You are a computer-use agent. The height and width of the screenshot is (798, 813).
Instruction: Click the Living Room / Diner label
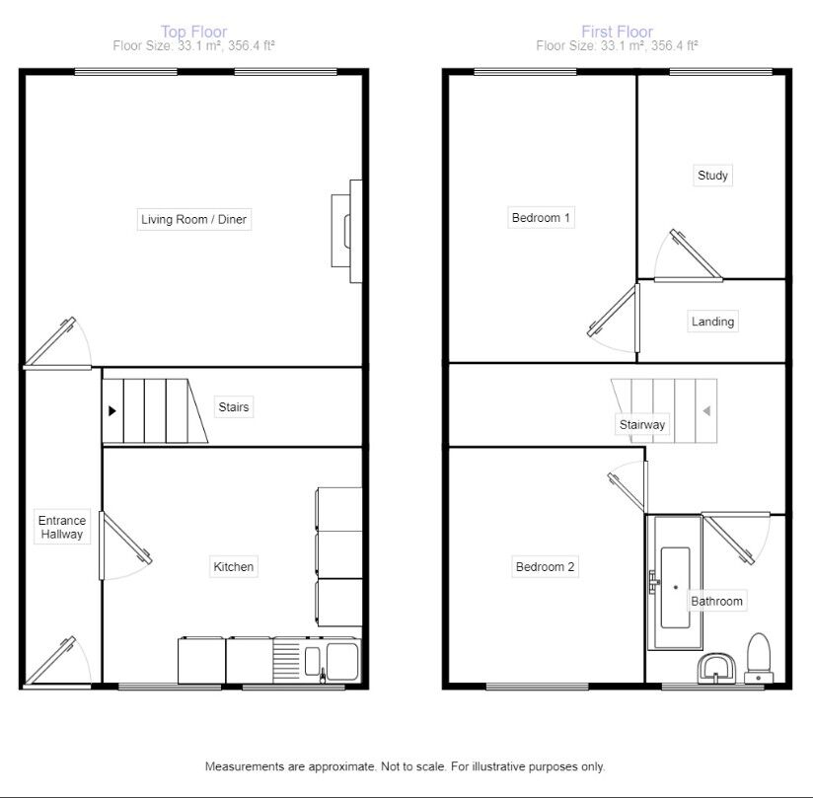[x=193, y=219]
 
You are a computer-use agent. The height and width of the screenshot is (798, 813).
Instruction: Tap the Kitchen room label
[x=234, y=566]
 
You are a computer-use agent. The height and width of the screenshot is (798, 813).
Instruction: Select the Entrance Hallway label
[x=61, y=528]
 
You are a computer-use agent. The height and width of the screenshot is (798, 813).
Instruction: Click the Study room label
[x=712, y=176]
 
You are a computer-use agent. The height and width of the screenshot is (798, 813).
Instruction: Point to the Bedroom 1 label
[x=541, y=218]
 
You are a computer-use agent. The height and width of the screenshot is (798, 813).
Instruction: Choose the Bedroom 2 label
[x=545, y=566]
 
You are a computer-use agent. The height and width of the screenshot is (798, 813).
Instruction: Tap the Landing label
[x=712, y=322]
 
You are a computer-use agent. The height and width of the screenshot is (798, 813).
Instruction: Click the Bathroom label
[x=716, y=601]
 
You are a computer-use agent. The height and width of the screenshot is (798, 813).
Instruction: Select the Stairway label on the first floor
[x=642, y=425]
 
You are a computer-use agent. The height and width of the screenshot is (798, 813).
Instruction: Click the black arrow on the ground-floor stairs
[x=112, y=409]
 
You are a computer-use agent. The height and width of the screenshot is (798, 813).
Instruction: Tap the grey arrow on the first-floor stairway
[x=706, y=410]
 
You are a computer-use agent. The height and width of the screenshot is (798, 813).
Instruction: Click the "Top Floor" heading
[x=193, y=33]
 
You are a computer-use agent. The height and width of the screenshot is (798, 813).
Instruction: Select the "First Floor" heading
[x=618, y=33]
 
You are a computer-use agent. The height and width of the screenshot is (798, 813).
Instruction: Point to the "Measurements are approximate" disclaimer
[x=405, y=766]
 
